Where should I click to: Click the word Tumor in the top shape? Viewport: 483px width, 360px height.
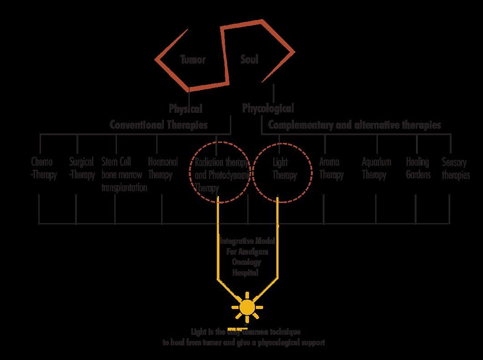(x=193, y=59)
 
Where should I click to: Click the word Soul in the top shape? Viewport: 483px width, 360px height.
(x=249, y=59)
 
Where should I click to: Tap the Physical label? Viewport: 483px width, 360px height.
(x=185, y=109)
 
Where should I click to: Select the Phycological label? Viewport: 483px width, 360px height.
(x=268, y=108)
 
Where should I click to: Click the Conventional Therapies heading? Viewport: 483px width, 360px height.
(x=158, y=124)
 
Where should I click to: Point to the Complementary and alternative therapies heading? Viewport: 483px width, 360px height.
(x=354, y=124)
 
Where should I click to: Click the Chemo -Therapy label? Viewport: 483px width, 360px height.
(x=43, y=168)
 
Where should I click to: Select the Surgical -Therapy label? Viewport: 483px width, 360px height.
(x=82, y=168)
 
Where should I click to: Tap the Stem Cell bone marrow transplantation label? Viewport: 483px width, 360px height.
(x=124, y=174)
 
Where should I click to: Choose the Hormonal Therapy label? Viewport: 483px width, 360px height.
(x=163, y=168)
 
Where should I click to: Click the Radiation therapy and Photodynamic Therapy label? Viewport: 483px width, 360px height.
(x=221, y=175)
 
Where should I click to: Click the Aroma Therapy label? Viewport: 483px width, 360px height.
(x=331, y=168)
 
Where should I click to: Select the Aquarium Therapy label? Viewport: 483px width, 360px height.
(x=376, y=168)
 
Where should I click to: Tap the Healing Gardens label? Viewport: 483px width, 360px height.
(x=418, y=168)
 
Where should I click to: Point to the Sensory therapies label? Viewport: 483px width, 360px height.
(x=456, y=168)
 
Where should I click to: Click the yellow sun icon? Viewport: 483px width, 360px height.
(x=247, y=307)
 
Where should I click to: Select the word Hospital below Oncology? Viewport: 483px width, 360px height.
(x=246, y=273)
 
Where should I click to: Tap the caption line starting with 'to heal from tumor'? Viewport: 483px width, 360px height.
(x=244, y=342)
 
